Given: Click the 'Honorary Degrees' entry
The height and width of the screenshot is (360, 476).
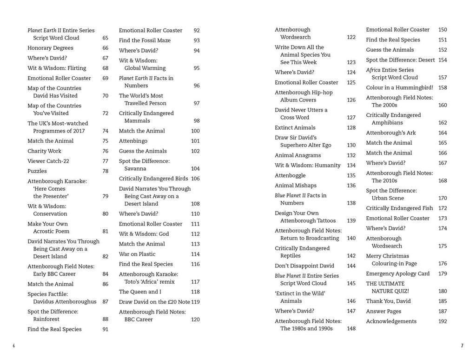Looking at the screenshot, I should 50,48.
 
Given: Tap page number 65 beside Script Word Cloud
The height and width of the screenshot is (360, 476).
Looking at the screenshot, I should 105,38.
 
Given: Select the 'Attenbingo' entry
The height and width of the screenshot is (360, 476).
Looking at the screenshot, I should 133,141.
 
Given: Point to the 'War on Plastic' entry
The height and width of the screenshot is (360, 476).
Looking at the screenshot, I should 137,254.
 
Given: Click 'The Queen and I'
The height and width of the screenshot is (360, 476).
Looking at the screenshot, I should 140,292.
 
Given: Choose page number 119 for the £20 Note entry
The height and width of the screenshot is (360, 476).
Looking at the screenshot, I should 195,302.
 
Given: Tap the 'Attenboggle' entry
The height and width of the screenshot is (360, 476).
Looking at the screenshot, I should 290,175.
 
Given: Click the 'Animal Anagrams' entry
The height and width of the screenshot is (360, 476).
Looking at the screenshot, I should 297,155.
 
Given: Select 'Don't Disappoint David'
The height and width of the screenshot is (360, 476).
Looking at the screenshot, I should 304,266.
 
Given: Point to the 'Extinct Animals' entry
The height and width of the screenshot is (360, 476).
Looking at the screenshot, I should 295,127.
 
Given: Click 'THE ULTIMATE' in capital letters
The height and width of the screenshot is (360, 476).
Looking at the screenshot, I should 385,284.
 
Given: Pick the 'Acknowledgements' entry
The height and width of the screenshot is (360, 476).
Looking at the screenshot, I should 391,321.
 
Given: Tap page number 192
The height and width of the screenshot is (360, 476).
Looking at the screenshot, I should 442,321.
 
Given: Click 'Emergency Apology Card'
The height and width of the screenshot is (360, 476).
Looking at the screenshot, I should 397,273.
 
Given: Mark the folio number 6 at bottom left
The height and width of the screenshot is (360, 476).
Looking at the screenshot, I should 14,346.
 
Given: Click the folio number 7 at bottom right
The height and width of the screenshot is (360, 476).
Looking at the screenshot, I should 462,346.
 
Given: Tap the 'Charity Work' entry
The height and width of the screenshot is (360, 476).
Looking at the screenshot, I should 44,151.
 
